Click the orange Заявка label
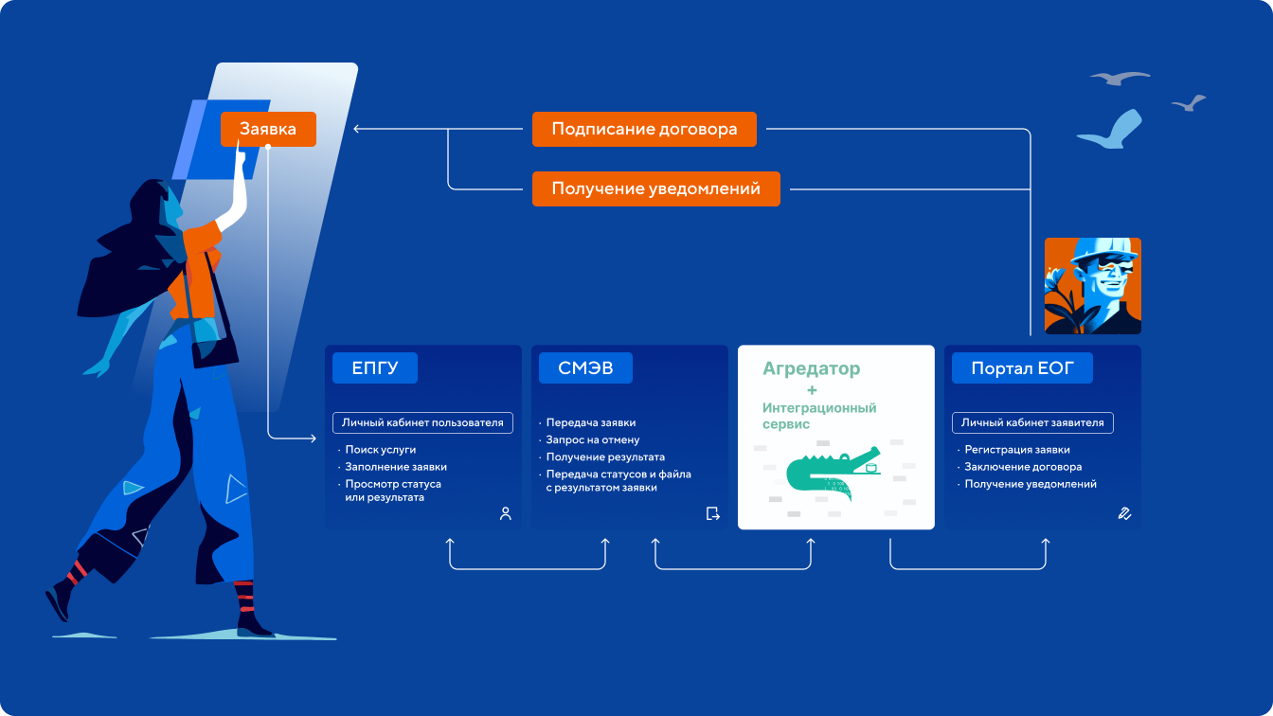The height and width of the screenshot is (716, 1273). [x=268, y=129]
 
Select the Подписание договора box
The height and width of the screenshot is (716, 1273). [x=644, y=130]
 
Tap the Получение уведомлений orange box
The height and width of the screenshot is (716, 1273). [x=655, y=188]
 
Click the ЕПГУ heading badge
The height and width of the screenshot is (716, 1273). [x=374, y=368]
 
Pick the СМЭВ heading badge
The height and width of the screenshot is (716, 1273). [x=585, y=368]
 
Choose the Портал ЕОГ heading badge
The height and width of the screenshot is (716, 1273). [x=1022, y=368]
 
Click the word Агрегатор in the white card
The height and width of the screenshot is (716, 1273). [x=811, y=368]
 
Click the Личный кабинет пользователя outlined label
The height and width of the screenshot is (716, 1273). [x=422, y=422]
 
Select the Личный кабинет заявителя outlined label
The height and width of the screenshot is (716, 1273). [x=1031, y=422]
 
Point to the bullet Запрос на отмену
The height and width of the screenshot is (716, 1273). [x=593, y=439]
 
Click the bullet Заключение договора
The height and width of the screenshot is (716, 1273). [x=1023, y=467]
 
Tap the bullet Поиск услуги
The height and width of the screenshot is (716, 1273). [x=381, y=450]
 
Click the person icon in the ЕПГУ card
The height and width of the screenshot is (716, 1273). [x=505, y=513]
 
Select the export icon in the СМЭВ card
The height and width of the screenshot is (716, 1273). [x=712, y=513]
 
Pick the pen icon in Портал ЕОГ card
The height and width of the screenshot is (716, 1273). [x=1124, y=513]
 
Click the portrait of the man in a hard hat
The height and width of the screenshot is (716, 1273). [x=1092, y=286]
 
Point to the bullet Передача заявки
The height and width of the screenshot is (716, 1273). [x=591, y=422]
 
